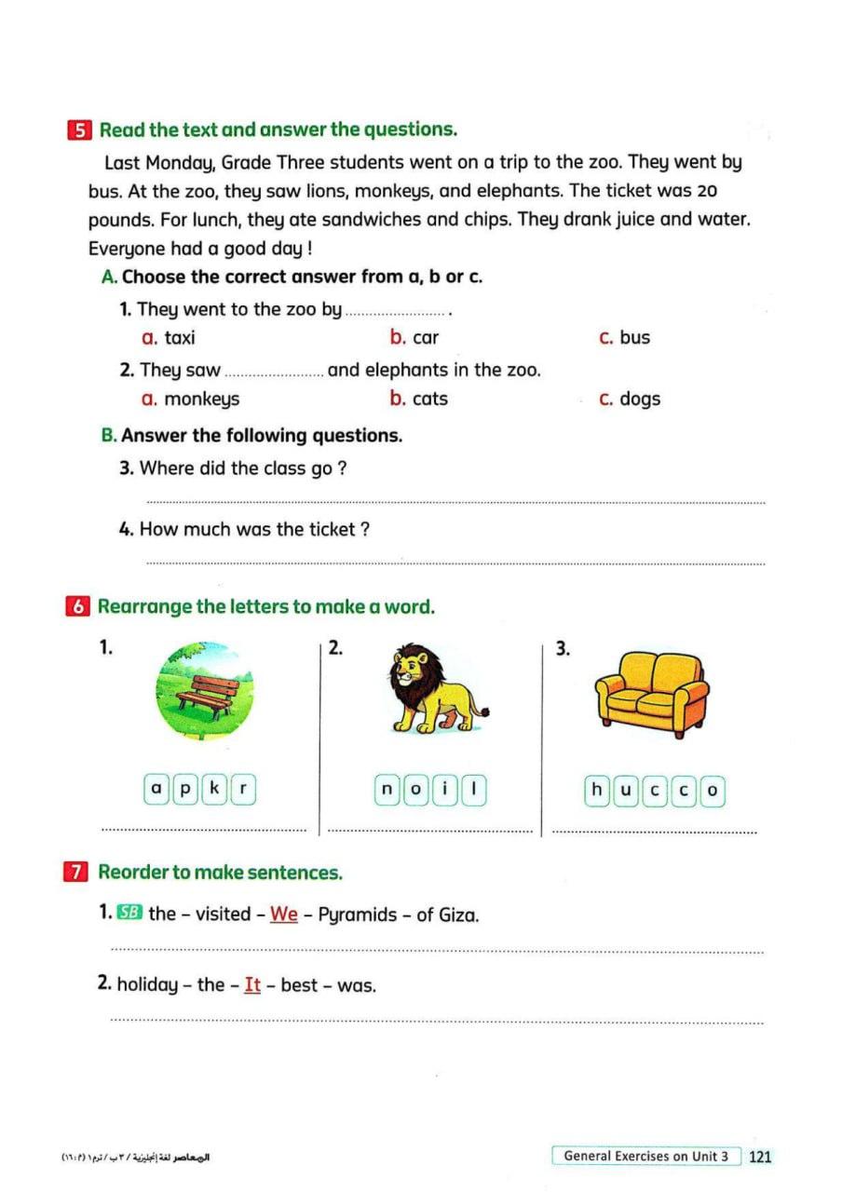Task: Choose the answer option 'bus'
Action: pos(634,338)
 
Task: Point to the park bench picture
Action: pos(206,691)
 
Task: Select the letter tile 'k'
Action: pos(215,790)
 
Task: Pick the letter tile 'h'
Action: pos(597,791)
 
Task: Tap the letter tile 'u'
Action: pos(626,791)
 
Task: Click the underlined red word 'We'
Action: pos(284,914)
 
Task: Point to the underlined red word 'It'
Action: pos(252,984)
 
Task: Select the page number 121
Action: pos(760,1156)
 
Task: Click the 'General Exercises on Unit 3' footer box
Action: pos(646,1156)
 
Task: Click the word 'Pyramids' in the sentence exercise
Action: pos(358,914)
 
